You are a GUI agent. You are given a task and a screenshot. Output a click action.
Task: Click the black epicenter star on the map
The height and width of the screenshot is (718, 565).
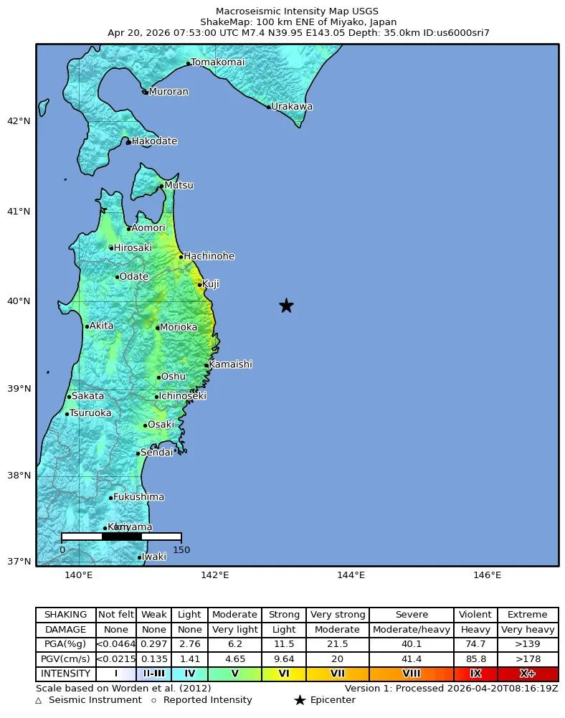click(x=286, y=306)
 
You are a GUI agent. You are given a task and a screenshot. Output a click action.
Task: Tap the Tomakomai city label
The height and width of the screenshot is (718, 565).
click(x=217, y=62)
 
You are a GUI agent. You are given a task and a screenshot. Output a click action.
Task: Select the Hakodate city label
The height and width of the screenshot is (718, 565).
click(x=153, y=141)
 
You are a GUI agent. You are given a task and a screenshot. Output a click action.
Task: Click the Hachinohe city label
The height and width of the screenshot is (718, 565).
click(x=209, y=256)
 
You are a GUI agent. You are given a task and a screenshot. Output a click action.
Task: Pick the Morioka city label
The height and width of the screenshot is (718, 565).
click(x=178, y=327)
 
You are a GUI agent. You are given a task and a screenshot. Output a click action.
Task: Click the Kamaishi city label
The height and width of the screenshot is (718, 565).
click(x=230, y=364)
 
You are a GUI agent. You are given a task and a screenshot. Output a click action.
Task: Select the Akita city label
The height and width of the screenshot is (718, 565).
click(x=101, y=326)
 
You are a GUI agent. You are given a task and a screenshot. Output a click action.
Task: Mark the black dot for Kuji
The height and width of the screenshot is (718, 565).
click(x=200, y=285)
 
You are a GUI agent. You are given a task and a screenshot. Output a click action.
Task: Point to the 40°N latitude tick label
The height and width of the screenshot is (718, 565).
click(x=19, y=301)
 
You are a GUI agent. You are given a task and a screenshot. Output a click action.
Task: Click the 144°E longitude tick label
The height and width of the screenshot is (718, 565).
click(x=351, y=575)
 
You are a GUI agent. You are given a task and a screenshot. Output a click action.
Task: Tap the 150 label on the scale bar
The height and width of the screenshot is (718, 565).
click(x=181, y=550)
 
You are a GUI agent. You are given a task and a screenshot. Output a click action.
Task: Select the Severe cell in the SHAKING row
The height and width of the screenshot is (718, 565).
click(x=412, y=615)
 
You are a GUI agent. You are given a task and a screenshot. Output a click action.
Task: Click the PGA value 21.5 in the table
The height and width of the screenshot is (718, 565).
click(x=337, y=645)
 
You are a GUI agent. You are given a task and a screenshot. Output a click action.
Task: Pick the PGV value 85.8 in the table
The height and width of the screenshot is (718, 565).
click(x=475, y=659)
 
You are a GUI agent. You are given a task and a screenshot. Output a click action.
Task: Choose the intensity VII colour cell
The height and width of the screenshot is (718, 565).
click(x=337, y=674)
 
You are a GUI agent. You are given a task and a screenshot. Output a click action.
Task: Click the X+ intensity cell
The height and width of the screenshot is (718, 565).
click(x=528, y=674)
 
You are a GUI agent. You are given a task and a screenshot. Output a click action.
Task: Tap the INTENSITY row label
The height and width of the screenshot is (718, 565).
click(x=66, y=674)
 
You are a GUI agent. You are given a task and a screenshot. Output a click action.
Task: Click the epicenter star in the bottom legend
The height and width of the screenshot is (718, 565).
click(x=300, y=701)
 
